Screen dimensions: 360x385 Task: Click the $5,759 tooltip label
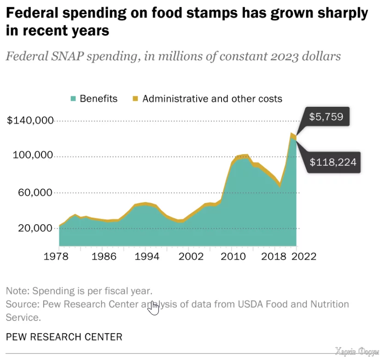326,117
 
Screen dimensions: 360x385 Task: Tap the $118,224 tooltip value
332,162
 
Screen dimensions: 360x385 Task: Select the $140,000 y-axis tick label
30,121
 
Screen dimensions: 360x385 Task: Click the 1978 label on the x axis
59,256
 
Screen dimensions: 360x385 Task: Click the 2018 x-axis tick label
274,256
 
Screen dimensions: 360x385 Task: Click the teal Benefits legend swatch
73,99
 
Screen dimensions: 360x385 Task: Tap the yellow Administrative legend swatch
135,99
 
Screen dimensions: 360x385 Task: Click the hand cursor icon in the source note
153,308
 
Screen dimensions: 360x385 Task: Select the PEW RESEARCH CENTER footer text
64,337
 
